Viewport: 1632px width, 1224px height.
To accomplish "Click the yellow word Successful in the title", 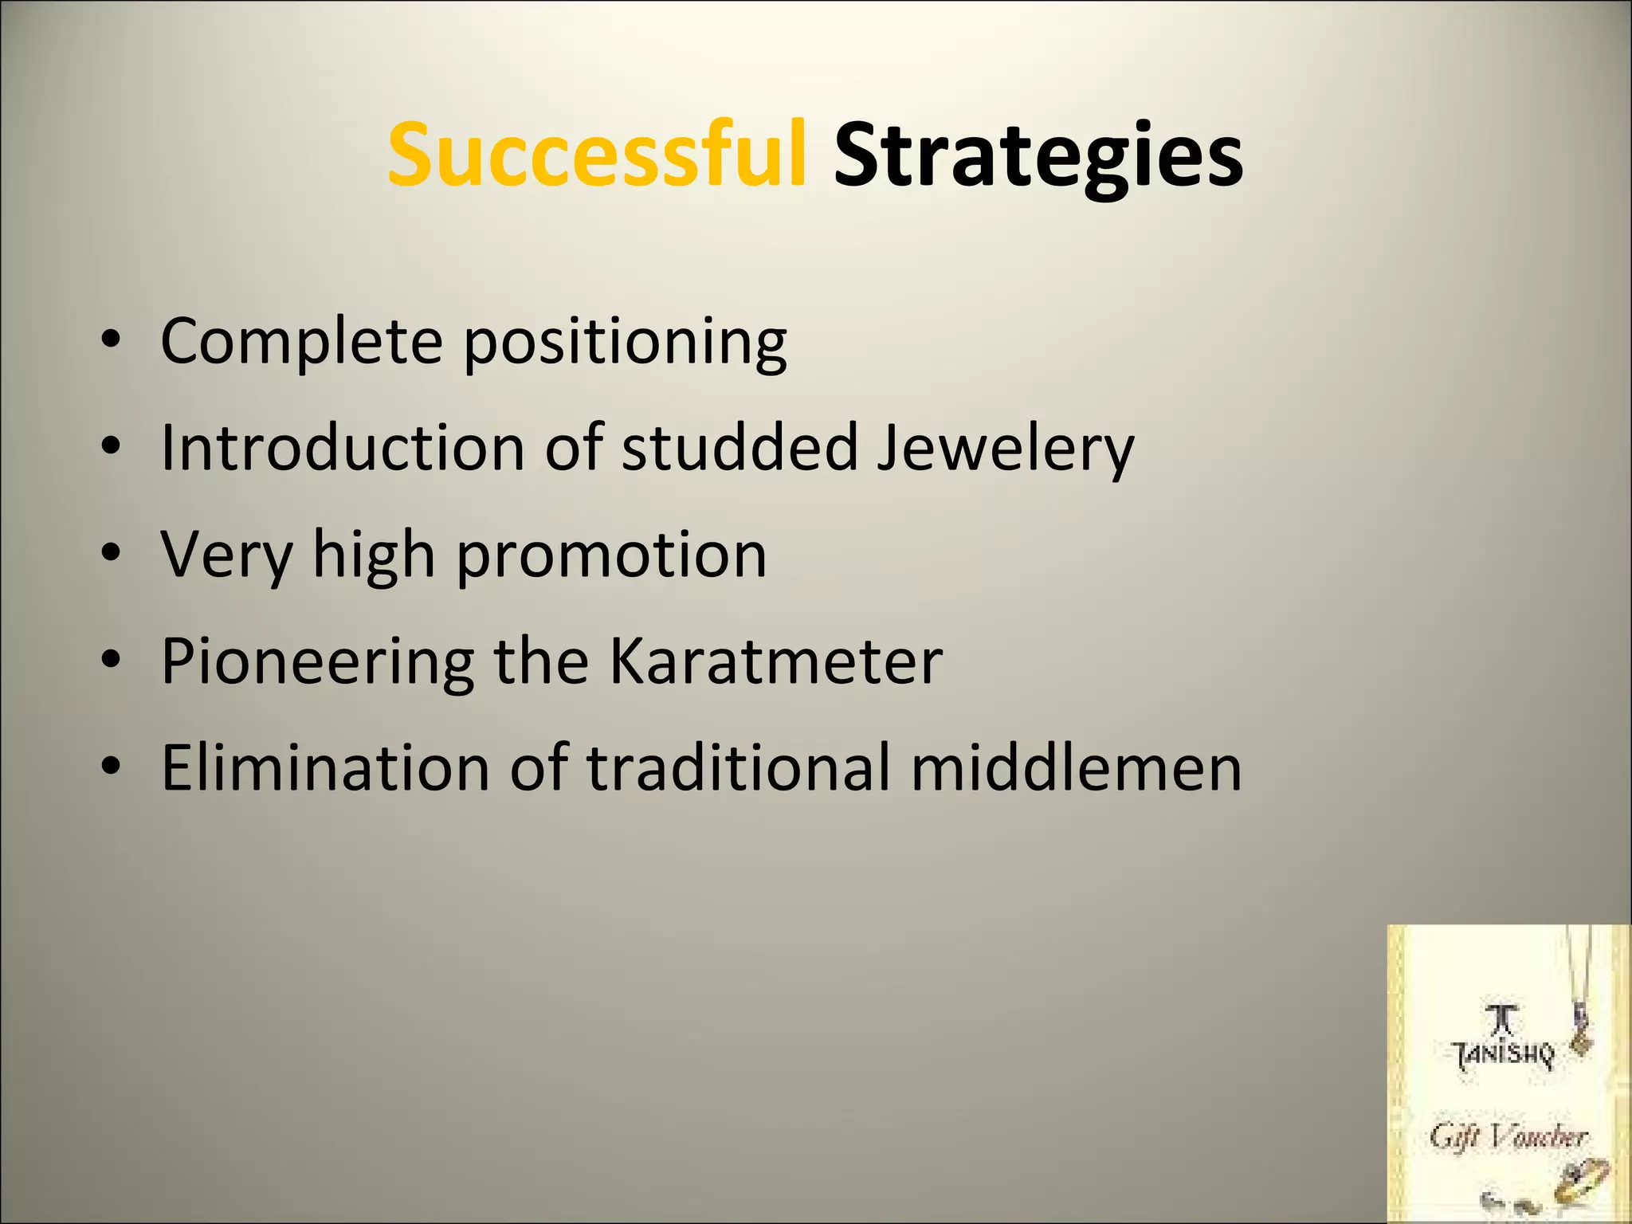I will pos(597,155).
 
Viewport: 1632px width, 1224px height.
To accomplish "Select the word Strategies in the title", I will pos(1038,156).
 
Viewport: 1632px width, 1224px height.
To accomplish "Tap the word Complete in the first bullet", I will pos(301,341).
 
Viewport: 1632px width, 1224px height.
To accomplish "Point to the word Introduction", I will pos(343,447).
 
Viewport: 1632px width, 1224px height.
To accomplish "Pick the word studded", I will pos(739,447).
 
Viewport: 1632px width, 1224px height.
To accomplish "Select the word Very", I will pos(226,555).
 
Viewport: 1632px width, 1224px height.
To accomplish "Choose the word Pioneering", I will pos(317,662).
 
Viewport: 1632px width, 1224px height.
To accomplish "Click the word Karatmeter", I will pos(775,661).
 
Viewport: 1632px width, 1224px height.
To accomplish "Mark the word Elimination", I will pos(325,767).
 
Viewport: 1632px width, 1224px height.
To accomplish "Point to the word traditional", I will pos(738,767).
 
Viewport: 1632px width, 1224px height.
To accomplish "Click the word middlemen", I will pos(1076,767).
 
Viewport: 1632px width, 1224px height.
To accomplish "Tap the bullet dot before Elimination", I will pos(111,766).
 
